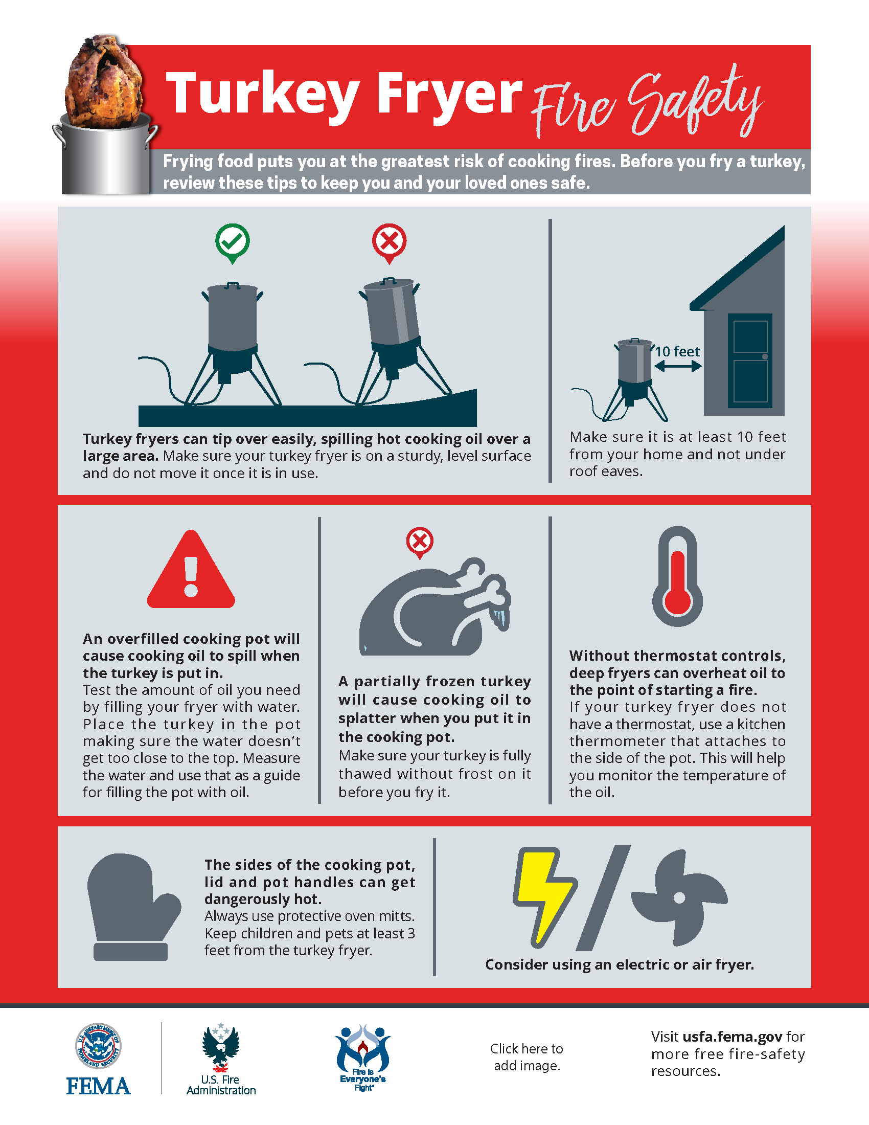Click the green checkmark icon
pos(233,242)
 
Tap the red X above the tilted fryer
pos(389,242)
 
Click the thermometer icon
pos(677,576)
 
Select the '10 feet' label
pos(677,351)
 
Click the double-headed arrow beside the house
pos(677,366)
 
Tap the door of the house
pos(750,361)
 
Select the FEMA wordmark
pos(98,1086)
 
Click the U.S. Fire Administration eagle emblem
pos(221,1046)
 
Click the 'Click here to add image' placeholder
pos(527,1057)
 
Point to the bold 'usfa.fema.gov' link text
pos(733,1037)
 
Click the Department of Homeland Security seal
pos(98,1046)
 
